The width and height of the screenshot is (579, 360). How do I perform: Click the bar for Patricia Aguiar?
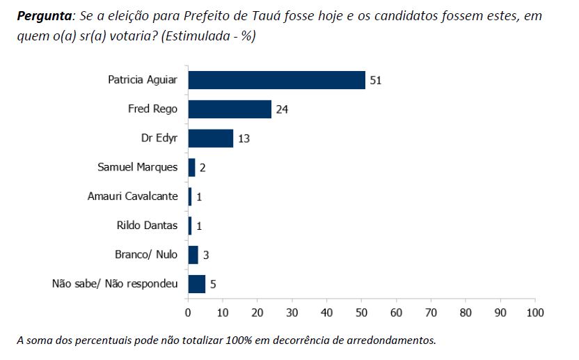click(276, 80)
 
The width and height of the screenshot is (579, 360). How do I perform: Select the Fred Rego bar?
click(230, 109)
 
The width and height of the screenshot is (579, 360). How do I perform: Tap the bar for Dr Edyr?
click(210, 139)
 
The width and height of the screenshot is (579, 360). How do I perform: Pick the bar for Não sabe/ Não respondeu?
click(197, 284)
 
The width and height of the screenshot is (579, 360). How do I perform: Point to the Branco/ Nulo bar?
click(193, 255)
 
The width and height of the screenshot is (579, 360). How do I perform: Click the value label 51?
click(376, 80)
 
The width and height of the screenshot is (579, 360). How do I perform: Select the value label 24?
click(282, 109)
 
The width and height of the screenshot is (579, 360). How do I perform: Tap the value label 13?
click(244, 139)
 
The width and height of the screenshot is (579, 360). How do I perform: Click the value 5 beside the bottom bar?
click(213, 284)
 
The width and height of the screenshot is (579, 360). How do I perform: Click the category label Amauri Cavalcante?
click(132, 197)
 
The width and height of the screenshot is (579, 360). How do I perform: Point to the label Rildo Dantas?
click(148, 226)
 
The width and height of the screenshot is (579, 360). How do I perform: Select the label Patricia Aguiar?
click(143, 80)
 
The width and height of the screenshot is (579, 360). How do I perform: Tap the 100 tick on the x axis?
click(534, 313)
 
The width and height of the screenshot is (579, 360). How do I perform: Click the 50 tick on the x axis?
click(361, 313)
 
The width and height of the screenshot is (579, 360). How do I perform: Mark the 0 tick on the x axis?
click(188, 313)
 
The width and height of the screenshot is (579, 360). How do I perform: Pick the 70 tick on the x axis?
click(431, 313)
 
